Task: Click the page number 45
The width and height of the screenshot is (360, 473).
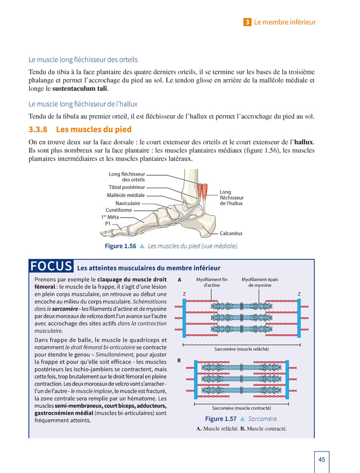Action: (321, 460)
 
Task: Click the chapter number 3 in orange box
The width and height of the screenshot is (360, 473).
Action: (247, 22)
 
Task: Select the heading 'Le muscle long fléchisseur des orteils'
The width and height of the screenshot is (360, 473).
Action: (83, 60)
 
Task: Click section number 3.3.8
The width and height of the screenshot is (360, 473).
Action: (40, 129)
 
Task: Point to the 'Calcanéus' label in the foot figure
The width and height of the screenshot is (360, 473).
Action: (231, 233)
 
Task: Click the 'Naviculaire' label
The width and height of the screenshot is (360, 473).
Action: (128, 203)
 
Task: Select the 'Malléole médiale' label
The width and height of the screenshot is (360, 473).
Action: (125, 195)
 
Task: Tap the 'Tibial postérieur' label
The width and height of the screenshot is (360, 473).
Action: (127, 187)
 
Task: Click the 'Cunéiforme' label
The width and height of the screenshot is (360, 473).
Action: (119, 210)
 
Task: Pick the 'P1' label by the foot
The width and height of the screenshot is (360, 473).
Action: (107, 224)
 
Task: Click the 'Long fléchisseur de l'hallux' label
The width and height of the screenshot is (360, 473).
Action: (231, 197)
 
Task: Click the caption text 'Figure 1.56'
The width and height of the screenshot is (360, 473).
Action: (120, 246)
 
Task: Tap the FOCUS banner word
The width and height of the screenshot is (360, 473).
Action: (51, 266)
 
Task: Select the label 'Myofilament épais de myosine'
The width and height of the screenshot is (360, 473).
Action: (260, 282)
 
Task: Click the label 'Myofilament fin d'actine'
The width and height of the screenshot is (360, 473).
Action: (211, 282)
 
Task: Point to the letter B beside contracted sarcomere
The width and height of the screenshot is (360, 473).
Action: (179, 360)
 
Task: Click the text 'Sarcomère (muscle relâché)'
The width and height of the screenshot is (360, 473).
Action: (241, 349)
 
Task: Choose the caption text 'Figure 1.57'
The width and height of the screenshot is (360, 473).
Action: (221, 419)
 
